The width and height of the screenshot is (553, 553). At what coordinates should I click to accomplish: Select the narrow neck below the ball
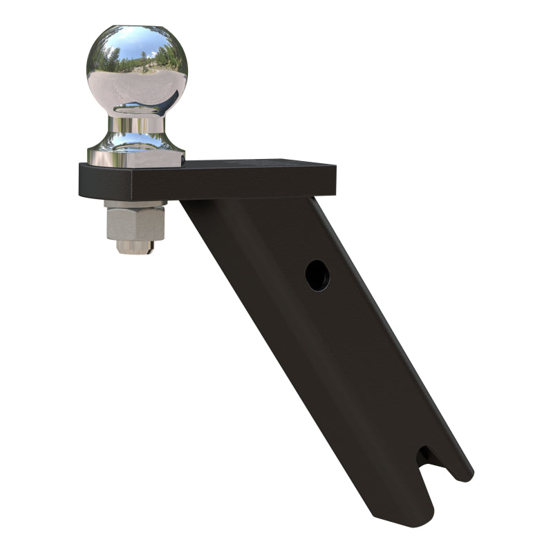[136, 124]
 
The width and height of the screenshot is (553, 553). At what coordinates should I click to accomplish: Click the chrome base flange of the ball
[135, 156]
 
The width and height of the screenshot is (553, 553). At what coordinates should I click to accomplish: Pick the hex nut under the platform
[136, 223]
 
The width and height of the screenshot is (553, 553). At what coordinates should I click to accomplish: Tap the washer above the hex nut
[136, 204]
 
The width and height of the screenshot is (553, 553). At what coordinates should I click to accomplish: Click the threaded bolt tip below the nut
[135, 247]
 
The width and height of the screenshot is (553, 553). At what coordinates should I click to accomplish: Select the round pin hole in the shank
[317, 275]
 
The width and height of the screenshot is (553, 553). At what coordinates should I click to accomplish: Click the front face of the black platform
[207, 185]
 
